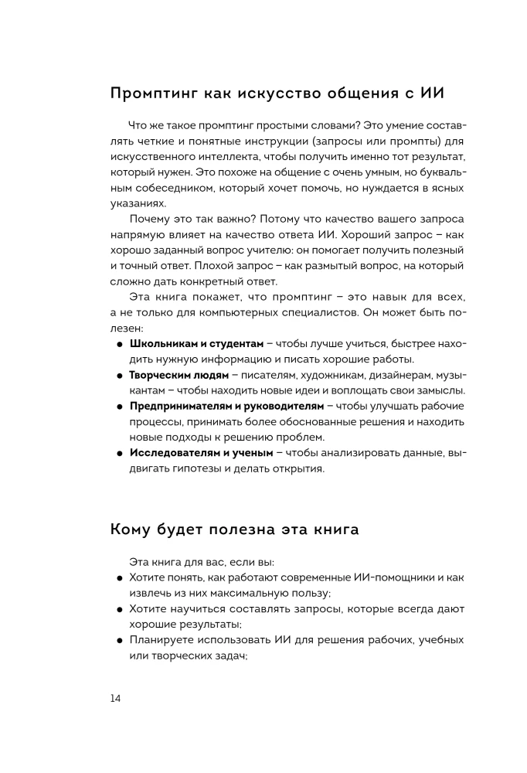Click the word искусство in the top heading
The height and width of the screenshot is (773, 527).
pyautogui.click(x=252, y=94)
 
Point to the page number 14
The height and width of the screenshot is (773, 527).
pyautogui.click(x=115, y=698)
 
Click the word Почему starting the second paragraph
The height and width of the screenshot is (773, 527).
pyautogui.click(x=151, y=219)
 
